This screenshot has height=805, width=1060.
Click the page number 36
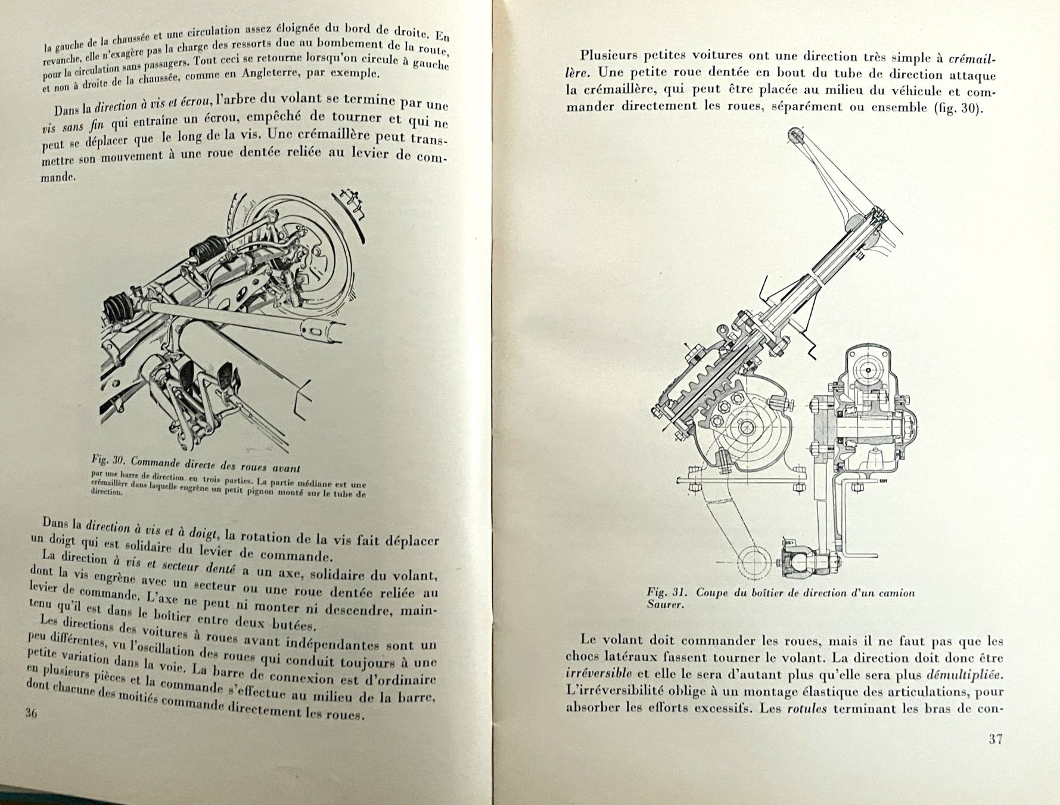pyautogui.click(x=32, y=713)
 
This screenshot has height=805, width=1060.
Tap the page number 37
pyautogui.click(x=995, y=739)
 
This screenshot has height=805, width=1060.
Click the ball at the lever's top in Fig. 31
pyautogui.click(x=794, y=135)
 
